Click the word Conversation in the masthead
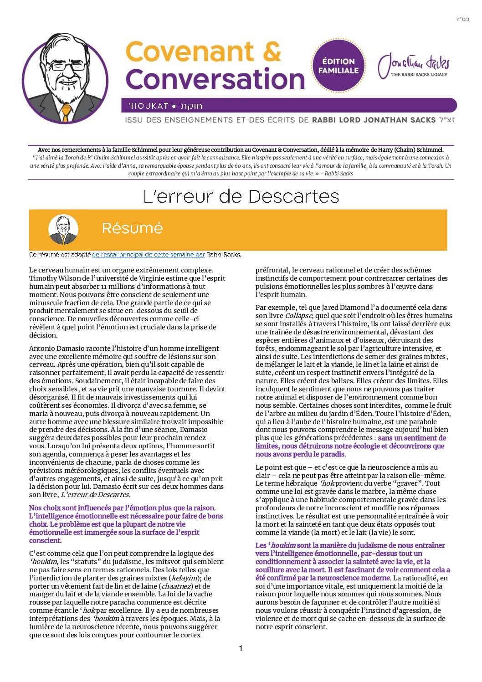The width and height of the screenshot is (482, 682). pos(215,78)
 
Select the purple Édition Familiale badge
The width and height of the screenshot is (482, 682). pos(338,65)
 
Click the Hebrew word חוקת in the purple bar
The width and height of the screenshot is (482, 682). pos(191,106)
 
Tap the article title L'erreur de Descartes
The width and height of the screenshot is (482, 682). pos(241,196)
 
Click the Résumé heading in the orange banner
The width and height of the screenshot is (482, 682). pos(132,228)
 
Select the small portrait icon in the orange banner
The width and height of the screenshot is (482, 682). pos(63,229)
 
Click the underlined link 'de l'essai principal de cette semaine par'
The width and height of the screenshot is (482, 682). pos(149,255)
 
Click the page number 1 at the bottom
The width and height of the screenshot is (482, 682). pos(241,648)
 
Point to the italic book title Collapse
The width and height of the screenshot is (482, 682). pos(298,315)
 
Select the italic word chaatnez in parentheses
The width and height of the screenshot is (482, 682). pos(175,586)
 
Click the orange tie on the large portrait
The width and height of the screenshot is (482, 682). pos(66,112)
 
